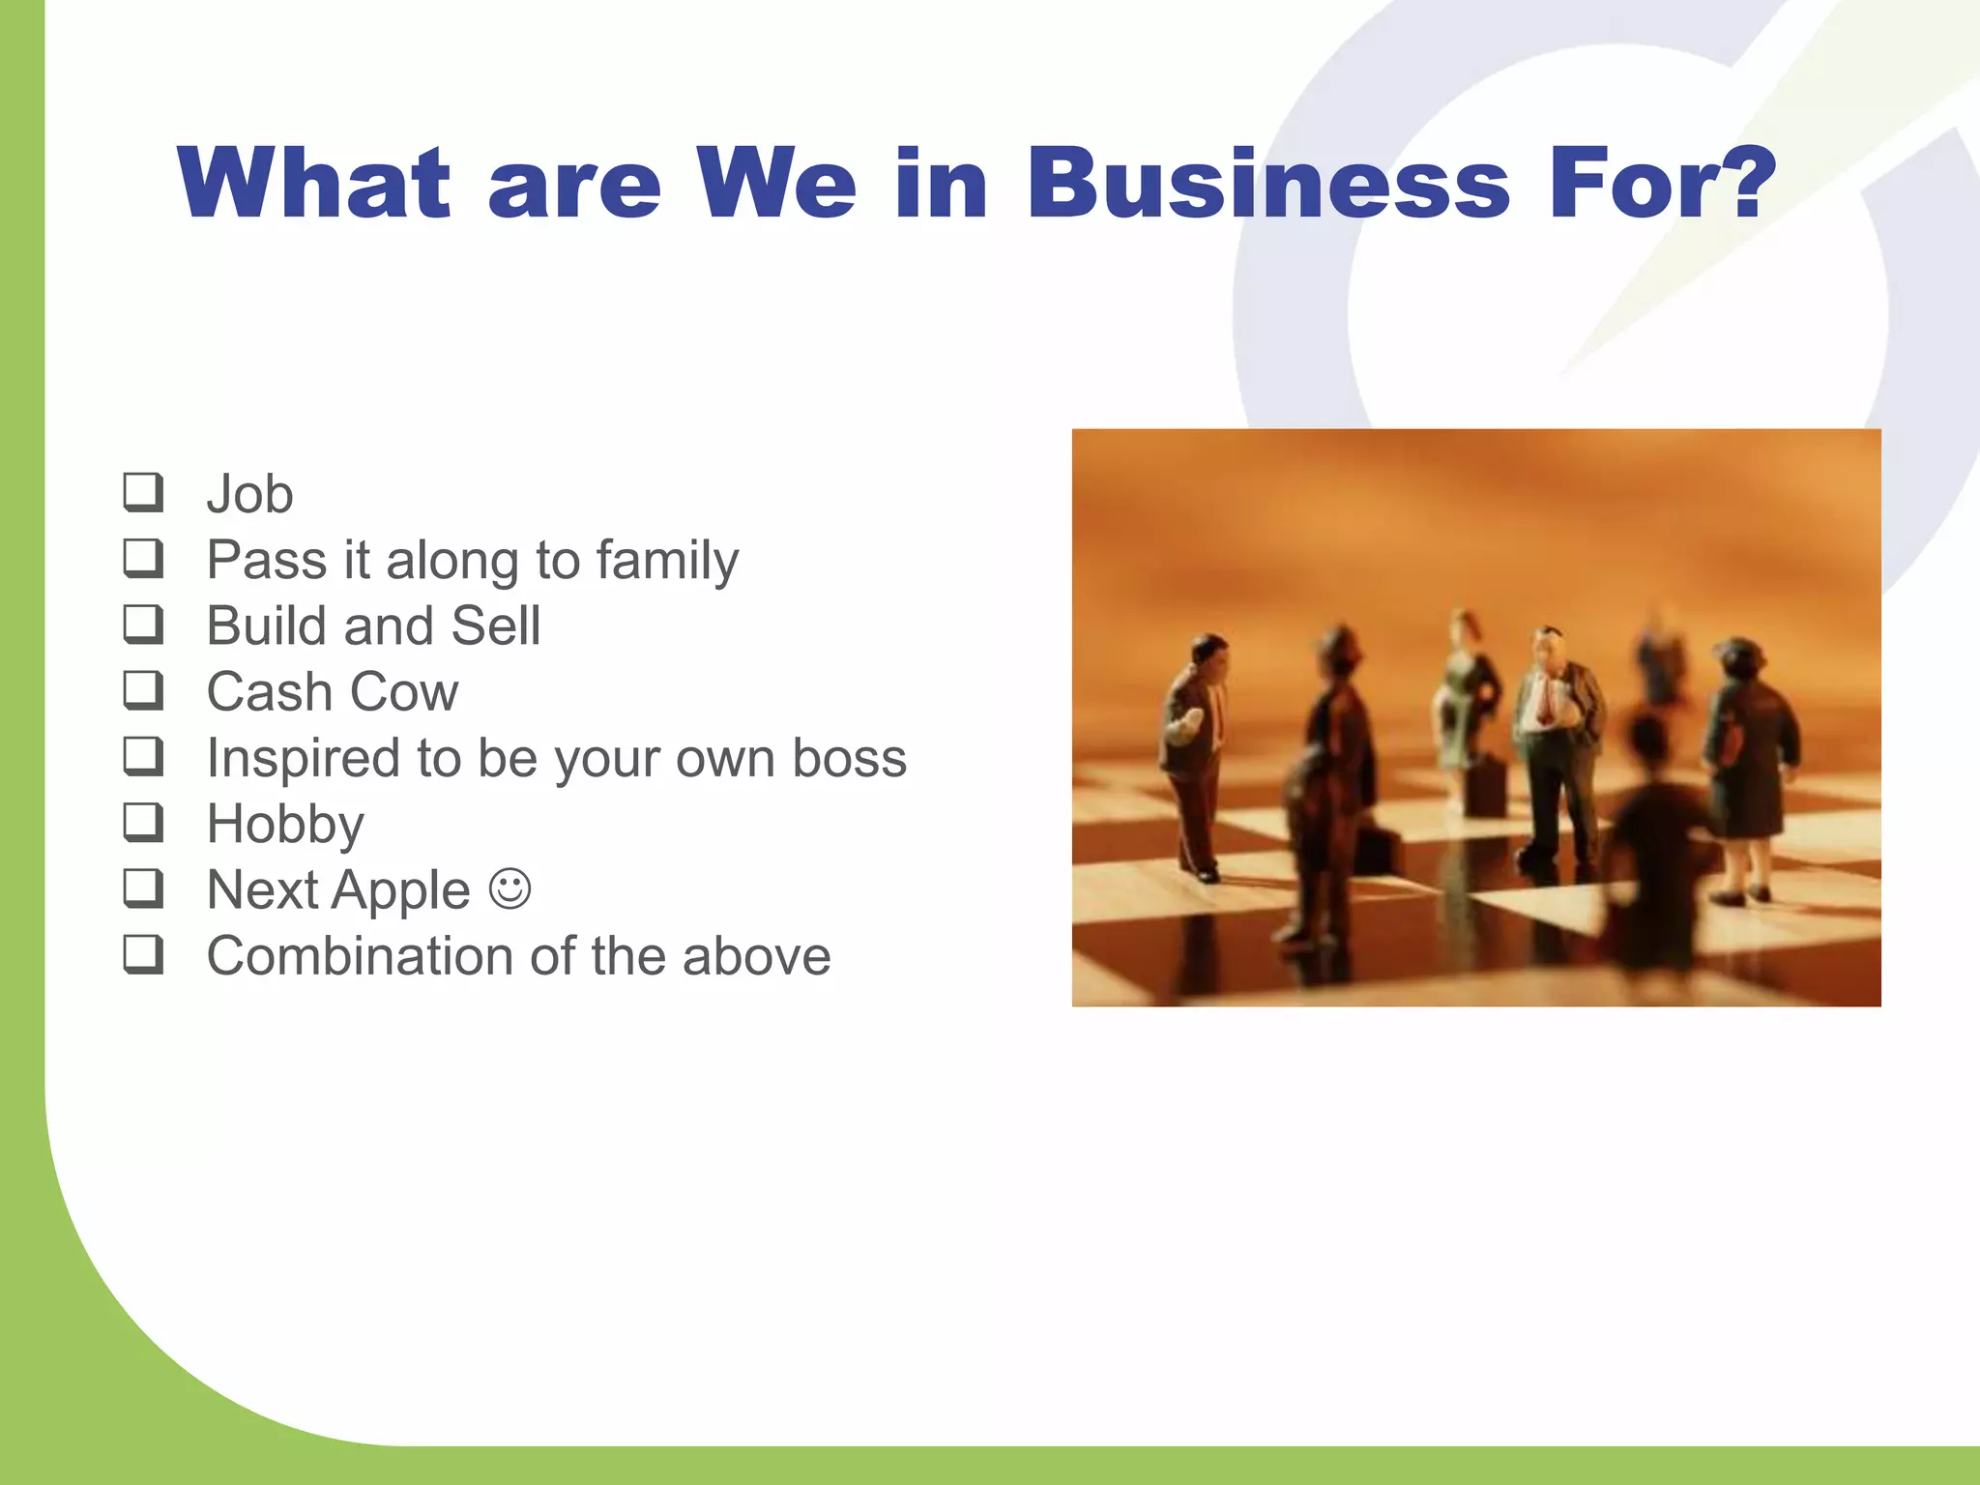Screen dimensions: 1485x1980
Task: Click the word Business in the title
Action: coord(1267,184)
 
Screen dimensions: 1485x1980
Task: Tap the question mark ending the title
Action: coord(1741,184)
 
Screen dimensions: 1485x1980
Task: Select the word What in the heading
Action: coord(313,184)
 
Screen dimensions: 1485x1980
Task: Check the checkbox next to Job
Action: coord(143,492)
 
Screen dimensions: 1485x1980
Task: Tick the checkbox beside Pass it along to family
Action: coord(143,558)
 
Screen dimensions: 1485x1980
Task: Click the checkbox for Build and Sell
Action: coord(143,625)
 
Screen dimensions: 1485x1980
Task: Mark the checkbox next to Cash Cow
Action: coord(143,690)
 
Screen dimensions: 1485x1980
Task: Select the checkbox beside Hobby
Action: coord(143,823)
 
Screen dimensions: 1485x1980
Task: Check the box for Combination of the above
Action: coord(143,955)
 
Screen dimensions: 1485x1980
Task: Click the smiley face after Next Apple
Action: coord(510,888)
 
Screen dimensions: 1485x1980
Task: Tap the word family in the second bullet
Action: coord(667,561)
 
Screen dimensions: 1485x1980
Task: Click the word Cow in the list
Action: coord(404,692)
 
